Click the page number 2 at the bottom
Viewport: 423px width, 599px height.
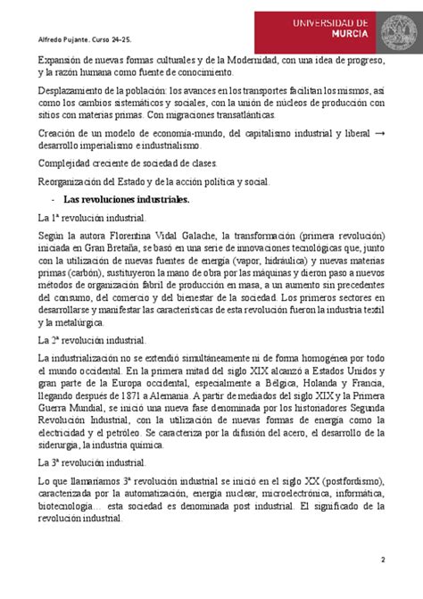(x=381, y=560)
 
